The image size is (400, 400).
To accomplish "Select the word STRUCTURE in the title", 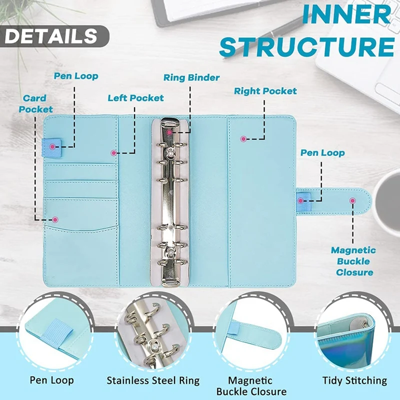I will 306,46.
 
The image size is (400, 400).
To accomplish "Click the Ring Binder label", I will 191,77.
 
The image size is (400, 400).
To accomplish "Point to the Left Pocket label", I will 136,97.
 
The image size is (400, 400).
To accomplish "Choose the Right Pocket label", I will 265,91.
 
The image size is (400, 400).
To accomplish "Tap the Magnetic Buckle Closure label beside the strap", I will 353,261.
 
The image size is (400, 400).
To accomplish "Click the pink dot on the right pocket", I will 244,138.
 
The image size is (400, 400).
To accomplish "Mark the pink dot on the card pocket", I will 55,219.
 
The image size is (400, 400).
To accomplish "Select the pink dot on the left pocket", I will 114,152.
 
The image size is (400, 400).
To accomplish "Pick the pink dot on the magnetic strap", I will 352,200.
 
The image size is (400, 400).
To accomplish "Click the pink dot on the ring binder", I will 170,132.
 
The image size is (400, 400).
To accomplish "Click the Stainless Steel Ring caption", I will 153,380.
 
